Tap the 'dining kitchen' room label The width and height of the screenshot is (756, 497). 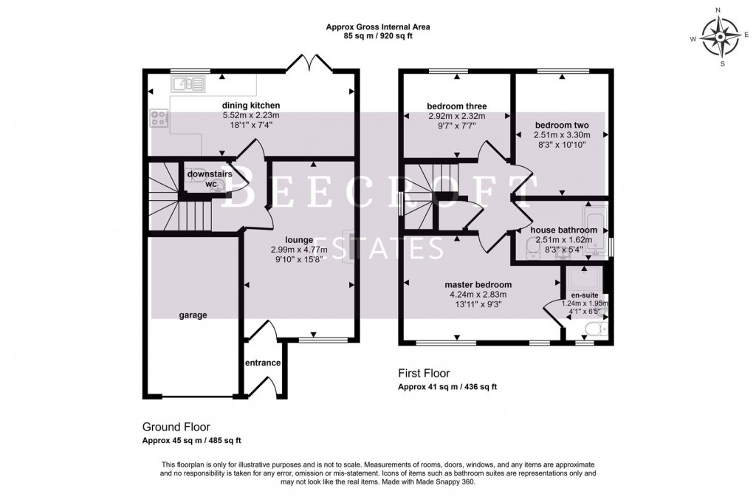coord(251,106)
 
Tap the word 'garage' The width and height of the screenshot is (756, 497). coord(192,315)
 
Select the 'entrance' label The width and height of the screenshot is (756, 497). coord(262,363)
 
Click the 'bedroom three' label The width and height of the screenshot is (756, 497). coord(457,106)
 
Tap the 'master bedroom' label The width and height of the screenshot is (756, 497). coord(478,284)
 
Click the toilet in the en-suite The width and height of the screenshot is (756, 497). coord(597,328)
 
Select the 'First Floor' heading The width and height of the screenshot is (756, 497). coord(424,373)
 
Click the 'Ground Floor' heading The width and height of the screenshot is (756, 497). coord(176,427)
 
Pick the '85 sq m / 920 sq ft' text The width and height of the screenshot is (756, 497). coord(377,35)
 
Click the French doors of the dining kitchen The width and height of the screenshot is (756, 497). coord(309,62)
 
